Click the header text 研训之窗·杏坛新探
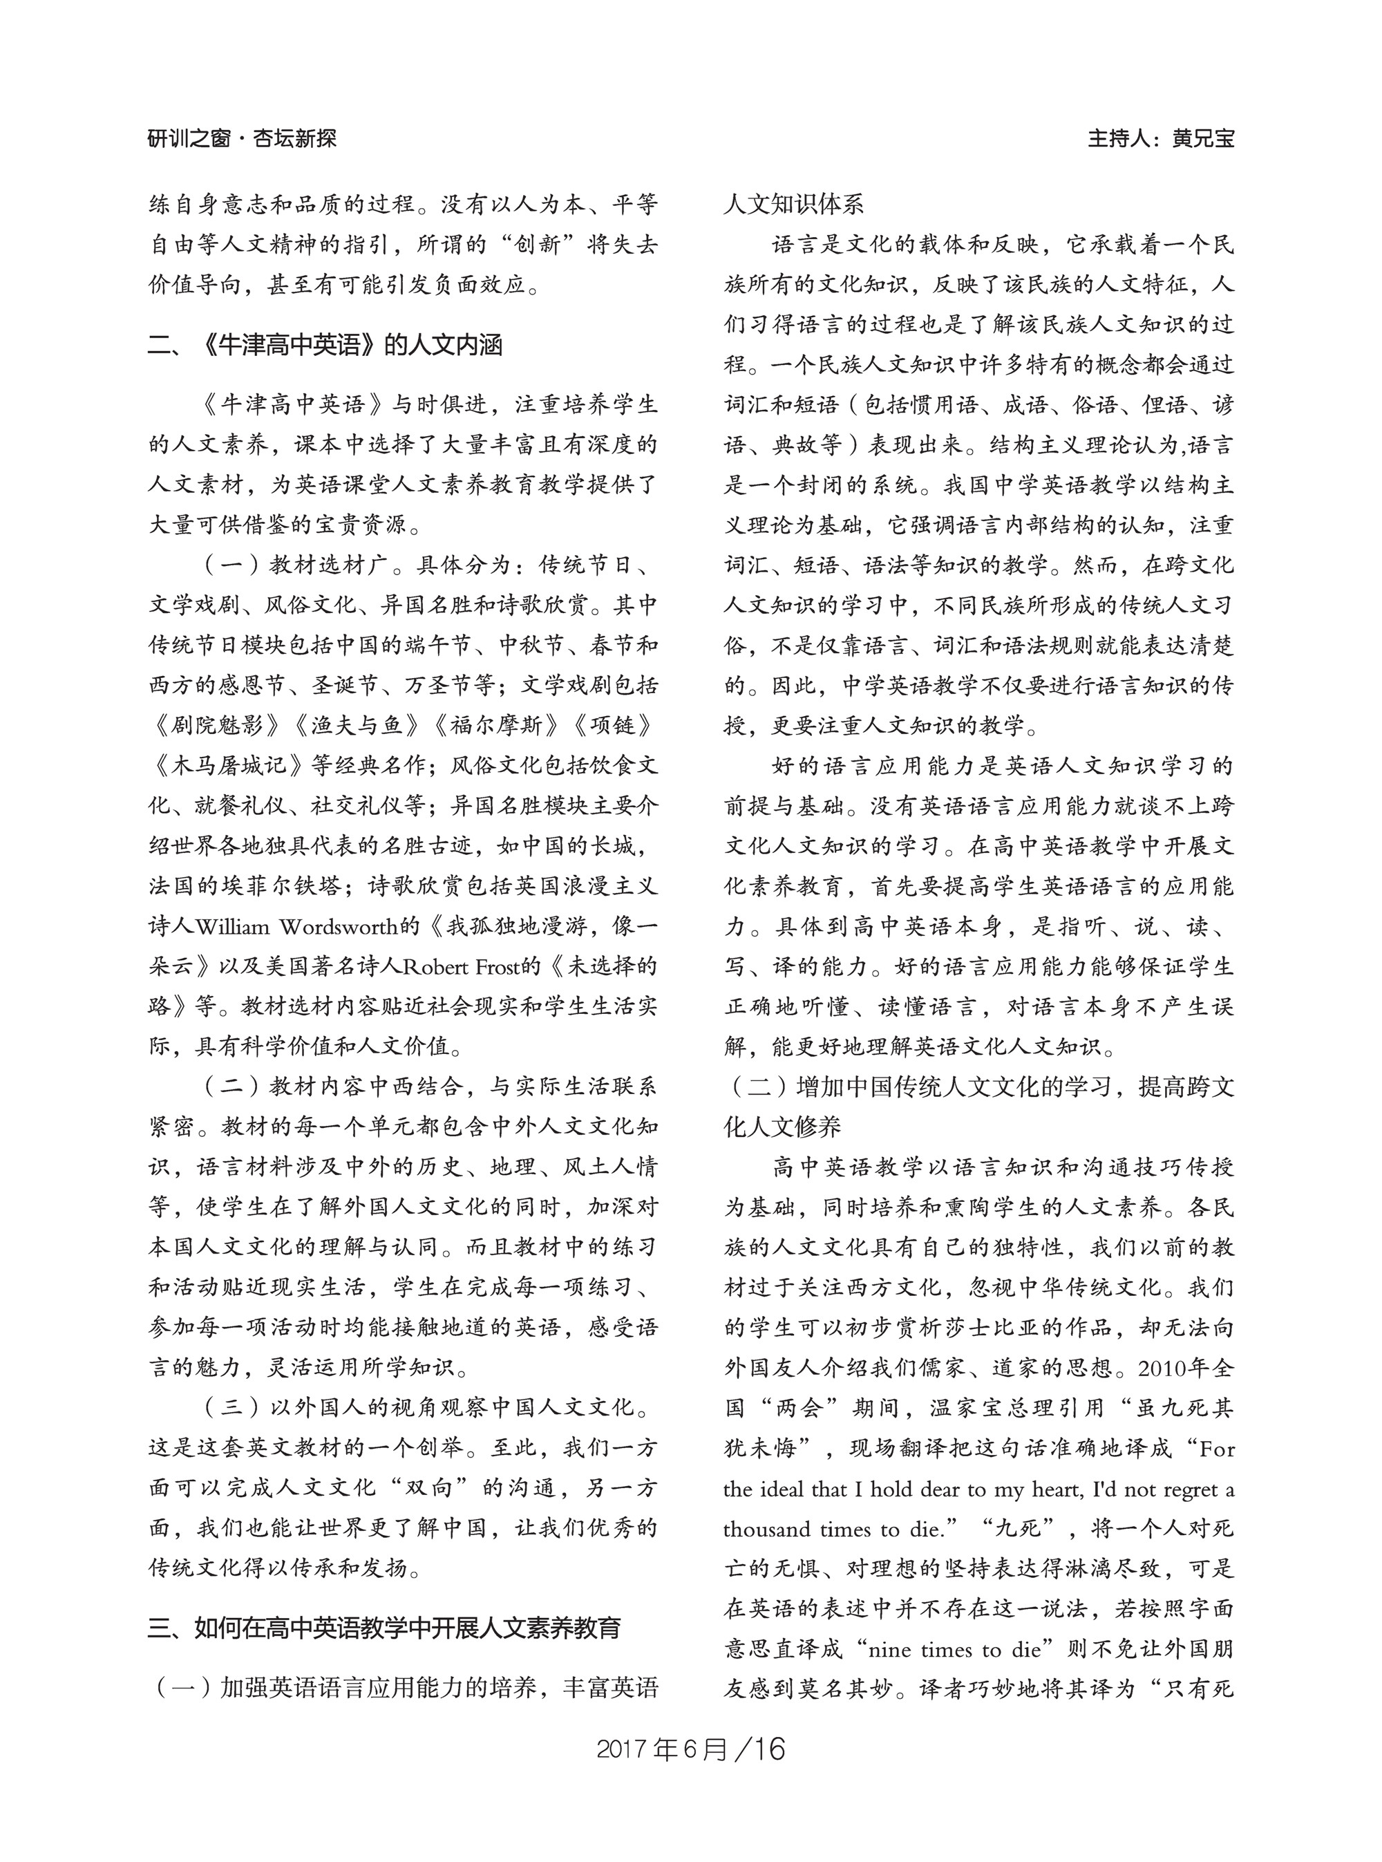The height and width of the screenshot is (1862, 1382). pyautogui.click(x=243, y=138)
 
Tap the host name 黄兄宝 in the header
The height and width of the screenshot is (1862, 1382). pyautogui.click(x=1202, y=138)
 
